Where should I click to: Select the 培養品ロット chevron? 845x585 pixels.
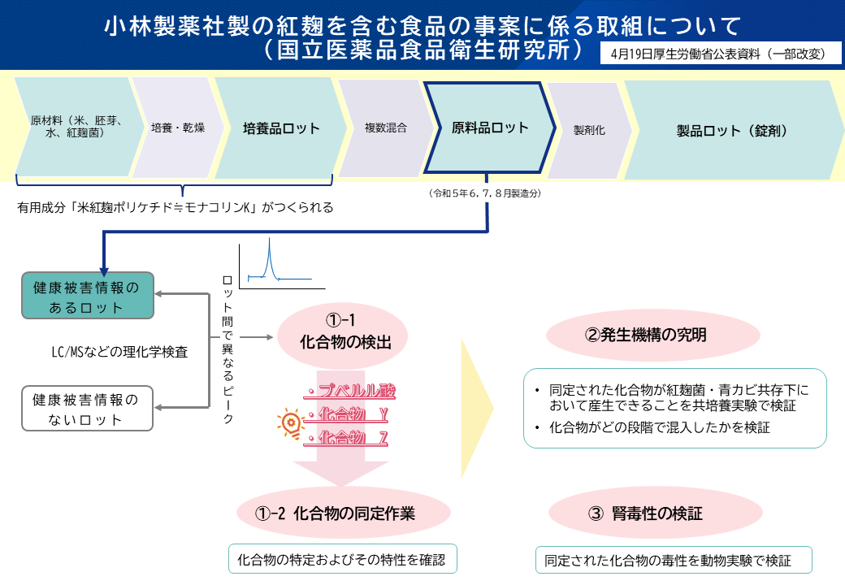click(281, 128)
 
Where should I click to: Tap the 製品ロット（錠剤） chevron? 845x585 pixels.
click(731, 130)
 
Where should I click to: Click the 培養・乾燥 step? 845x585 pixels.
click(177, 128)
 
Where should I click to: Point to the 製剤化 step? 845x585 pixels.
click(589, 130)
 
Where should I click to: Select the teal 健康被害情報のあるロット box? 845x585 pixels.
click(87, 297)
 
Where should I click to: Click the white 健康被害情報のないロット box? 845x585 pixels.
click(87, 409)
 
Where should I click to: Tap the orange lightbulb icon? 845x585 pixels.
click(288, 422)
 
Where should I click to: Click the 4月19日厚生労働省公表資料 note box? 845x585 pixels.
click(716, 54)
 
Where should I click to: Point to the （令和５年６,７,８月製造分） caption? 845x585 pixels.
click(485, 193)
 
